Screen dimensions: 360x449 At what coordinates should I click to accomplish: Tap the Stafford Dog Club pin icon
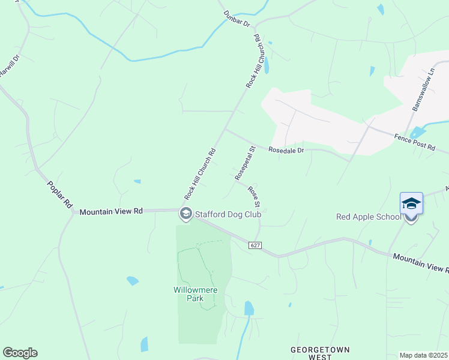(x=185, y=214)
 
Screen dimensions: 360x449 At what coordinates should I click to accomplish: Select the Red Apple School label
(x=368, y=217)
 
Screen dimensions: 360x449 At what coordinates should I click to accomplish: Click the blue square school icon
(x=411, y=203)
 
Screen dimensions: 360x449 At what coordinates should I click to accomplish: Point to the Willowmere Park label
(x=196, y=294)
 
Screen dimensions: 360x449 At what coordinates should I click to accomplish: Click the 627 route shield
(x=256, y=245)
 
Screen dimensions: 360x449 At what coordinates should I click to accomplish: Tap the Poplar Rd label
(x=59, y=194)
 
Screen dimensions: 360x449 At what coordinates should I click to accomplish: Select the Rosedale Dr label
(x=286, y=150)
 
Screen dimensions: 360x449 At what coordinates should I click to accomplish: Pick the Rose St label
(x=254, y=195)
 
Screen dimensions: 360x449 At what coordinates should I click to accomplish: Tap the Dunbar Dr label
(x=236, y=19)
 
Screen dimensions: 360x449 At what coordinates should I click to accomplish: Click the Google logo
(x=20, y=353)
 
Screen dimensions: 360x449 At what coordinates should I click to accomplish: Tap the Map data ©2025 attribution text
(x=423, y=355)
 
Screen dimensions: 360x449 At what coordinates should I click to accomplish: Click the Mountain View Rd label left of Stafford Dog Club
(x=111, y=211)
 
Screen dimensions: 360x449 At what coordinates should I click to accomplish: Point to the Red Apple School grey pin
(x=411, y=218)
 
